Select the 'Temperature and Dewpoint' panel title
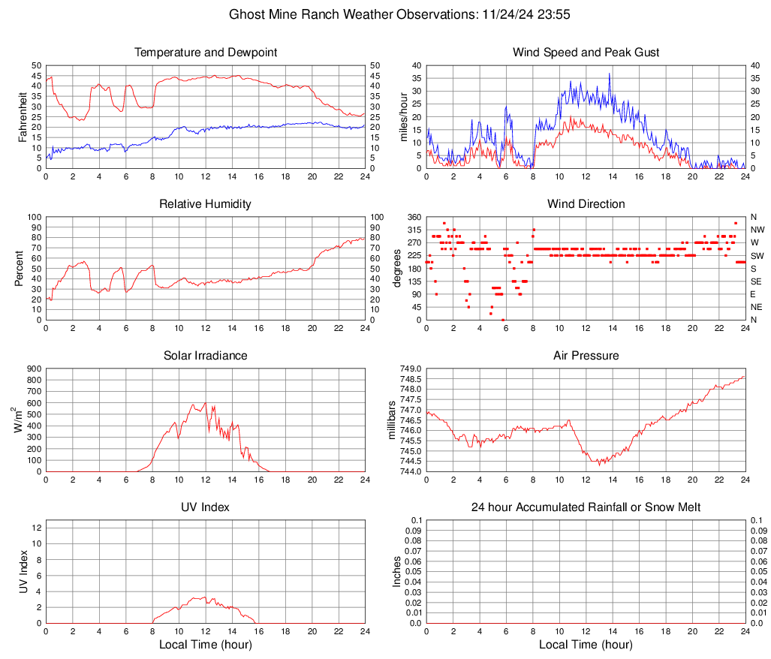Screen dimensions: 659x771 [205, 53]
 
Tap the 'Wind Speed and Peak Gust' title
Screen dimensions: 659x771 [586, 53]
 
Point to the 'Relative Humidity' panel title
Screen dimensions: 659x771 [205, 204]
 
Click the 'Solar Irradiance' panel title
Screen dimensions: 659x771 [205, 356]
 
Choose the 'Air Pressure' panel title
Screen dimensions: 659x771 [586, 356]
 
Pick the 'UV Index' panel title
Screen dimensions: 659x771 [205, 507]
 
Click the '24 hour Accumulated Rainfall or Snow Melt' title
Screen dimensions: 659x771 [586, 507]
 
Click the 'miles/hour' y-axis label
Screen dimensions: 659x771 [403, 116]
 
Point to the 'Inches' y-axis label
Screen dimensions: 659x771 [397, 571]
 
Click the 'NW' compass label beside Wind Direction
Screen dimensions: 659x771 [757, 230]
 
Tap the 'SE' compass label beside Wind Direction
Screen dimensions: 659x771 [757, 281]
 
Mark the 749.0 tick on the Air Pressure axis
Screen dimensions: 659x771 [413, 369]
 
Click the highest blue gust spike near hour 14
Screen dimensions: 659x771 [610, 74]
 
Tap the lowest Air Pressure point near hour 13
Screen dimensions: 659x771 [599, 465]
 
